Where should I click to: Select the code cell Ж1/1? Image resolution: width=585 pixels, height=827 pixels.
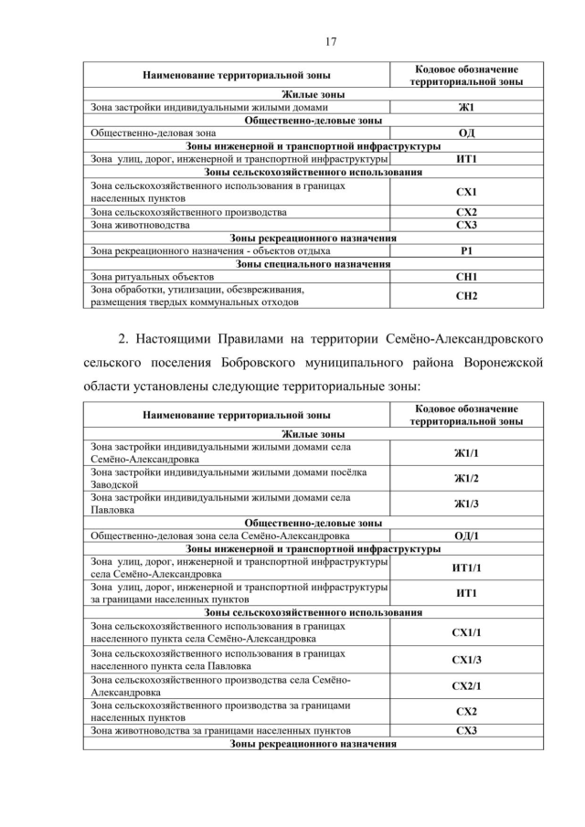click(x=466, y=453)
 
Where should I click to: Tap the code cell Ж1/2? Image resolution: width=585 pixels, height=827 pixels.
click(x=466, y=478)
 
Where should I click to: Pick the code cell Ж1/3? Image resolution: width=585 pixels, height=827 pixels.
click(x=466, y=504)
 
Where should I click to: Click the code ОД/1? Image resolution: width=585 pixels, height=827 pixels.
click(x=466, y=535)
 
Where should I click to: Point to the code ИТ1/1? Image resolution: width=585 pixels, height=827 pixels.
click(x=466, y=567)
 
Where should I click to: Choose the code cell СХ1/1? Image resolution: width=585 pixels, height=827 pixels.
click(x=466, y=632)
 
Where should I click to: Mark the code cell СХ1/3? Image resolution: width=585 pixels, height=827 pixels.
click(x=466, y=659)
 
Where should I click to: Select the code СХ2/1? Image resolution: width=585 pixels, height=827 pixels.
click(x=466, y=685)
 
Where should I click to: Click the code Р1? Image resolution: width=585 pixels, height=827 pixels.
click(x=466, y=250)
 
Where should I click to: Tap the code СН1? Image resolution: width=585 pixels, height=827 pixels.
click(x=466, y=276)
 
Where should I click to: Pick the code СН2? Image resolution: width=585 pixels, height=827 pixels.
click(x=466, y=295)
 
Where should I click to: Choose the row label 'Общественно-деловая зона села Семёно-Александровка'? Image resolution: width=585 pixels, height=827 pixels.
click(x=219, y=535)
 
